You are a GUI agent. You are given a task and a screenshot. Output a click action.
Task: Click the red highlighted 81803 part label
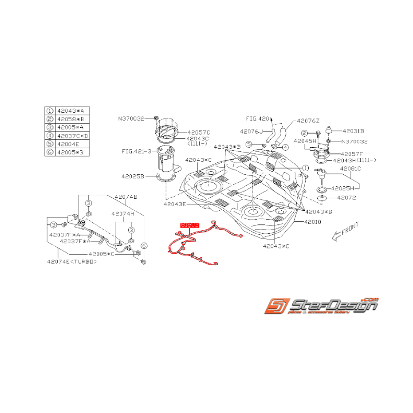point(190,225)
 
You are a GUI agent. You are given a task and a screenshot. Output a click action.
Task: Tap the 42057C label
point(198,132)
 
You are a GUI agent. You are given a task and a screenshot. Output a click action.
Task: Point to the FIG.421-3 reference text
point(136,151)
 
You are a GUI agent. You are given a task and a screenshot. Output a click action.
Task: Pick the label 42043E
point(174,205)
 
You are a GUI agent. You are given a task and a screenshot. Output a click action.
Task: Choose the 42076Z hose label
point(308,120)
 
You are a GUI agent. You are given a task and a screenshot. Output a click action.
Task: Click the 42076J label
point(252,131)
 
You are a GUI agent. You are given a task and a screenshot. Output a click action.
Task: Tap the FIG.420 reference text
point(258,118)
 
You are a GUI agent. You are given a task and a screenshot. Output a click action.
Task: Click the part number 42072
point(346,198)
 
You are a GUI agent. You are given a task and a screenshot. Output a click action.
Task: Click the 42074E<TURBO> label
point(71,262)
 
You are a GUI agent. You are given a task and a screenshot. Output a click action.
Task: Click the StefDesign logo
point(321,306)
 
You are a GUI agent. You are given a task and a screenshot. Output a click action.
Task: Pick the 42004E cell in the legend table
point(66,144)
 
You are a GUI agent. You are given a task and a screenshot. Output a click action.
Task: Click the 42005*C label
point(101,254)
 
